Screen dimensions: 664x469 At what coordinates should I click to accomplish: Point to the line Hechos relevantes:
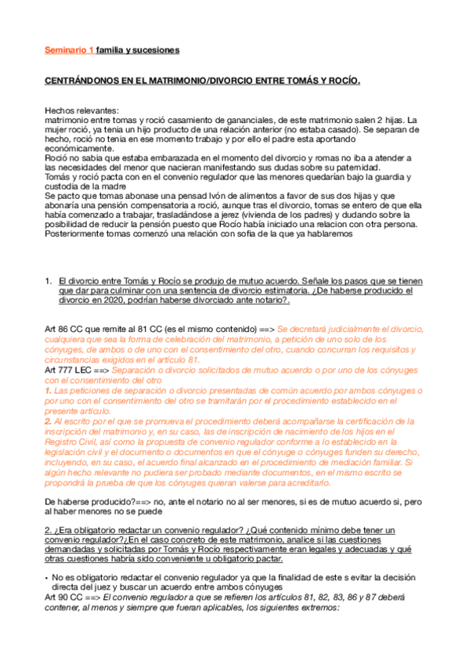point(81,110)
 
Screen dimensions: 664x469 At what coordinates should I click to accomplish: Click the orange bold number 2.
point(48,420)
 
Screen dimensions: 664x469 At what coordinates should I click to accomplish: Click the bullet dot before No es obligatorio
point(46,577)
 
